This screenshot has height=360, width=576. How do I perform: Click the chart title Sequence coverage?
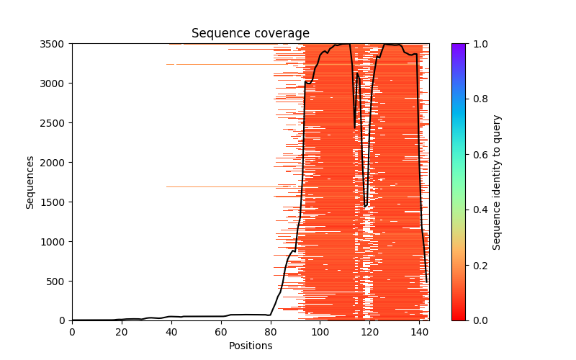coord(250,34)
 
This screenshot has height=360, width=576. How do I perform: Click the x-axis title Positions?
coord(250,346)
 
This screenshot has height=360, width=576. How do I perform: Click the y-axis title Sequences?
coord(30,181)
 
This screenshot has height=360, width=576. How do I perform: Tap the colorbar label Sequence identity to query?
coord(497,181)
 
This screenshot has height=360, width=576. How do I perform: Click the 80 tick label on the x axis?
coord(271,331)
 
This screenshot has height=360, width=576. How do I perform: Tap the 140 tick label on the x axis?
coord(419,331)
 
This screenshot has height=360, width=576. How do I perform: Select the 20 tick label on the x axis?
coord(122,331)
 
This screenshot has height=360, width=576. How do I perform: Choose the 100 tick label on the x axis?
coord(320,331)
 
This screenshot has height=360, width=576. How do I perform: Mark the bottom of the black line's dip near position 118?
coord(365,206)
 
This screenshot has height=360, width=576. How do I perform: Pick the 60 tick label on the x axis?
coord(221,331)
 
